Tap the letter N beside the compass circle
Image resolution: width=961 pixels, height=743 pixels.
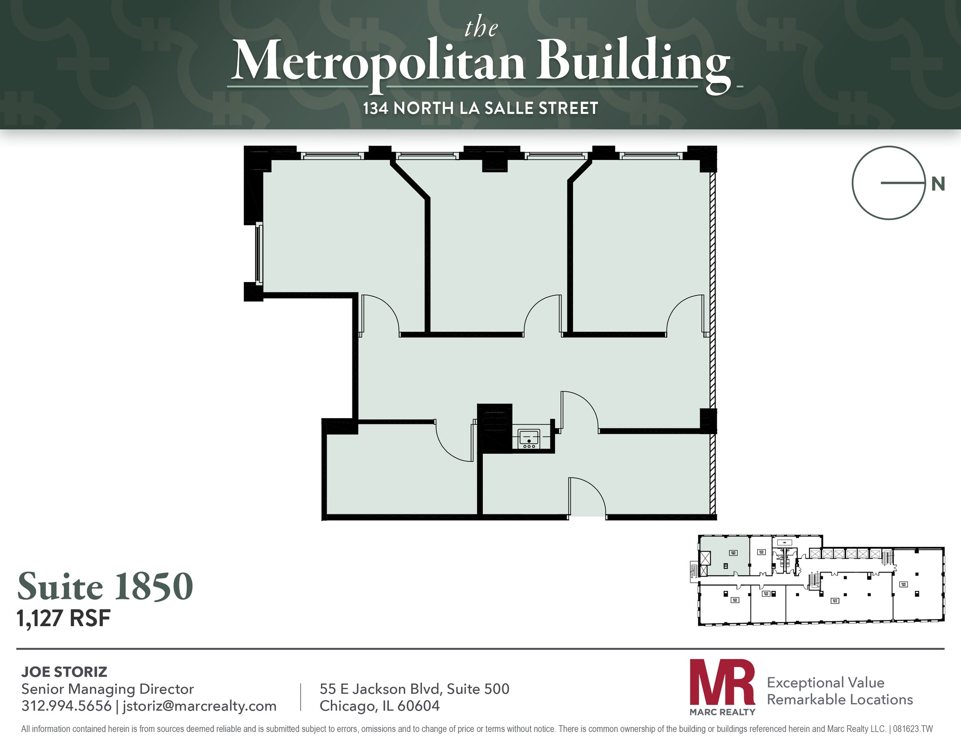pyautogui.click(x=938, y=184)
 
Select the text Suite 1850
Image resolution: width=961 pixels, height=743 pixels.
pyautogui.click(x=105, y=587)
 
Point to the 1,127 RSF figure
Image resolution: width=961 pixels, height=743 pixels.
pyautogui.click(x=63, y=618)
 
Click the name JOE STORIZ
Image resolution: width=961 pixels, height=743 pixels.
pyautogui.click(x=64, y=672)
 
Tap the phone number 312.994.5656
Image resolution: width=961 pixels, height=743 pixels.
pyautogui.click(x=66, y=705)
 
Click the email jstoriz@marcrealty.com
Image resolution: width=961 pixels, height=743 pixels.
pyautogui.click(x=199, y=705)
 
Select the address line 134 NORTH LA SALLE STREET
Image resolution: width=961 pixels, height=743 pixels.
pyautogui.click(x=480, y=108)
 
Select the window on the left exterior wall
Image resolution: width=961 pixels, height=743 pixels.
pyautogui.click(x=259, y=253)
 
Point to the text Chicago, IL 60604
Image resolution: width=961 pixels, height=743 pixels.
pyautogui.click(x=380, y=705)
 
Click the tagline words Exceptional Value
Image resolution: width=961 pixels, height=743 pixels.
pyautogui.click(x=825, y=682)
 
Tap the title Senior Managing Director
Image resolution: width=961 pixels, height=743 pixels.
pyautogui.click(x=107, y=689)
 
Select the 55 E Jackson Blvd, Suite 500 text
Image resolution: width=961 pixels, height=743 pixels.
pyautogui.click(x=414, y=689)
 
